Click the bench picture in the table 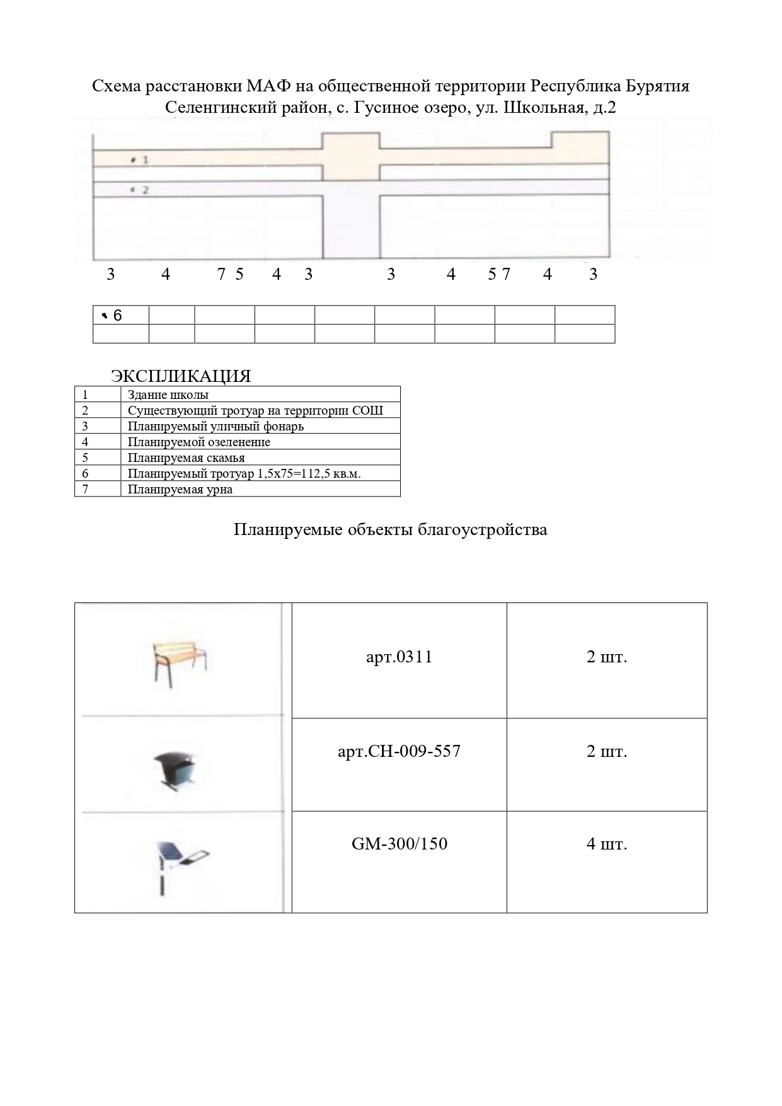(x=180, y=662)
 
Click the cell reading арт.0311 (x=399, y=657)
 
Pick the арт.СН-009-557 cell (x=399, y=751)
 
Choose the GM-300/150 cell (x=399, y=844)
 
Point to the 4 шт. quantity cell (x=606, y=844)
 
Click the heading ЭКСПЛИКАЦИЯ (x=181, y=376)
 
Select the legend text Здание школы (x=168, y=395)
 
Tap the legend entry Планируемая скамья (x=186, y=458)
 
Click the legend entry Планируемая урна (x=180, y=490)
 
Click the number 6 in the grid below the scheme (x=117, y=316)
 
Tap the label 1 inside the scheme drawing (x=144, y=160)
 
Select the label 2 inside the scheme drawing (x=144, y=190)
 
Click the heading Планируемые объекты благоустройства (x=390, y=529)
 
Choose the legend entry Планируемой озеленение (x=198, y=442)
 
